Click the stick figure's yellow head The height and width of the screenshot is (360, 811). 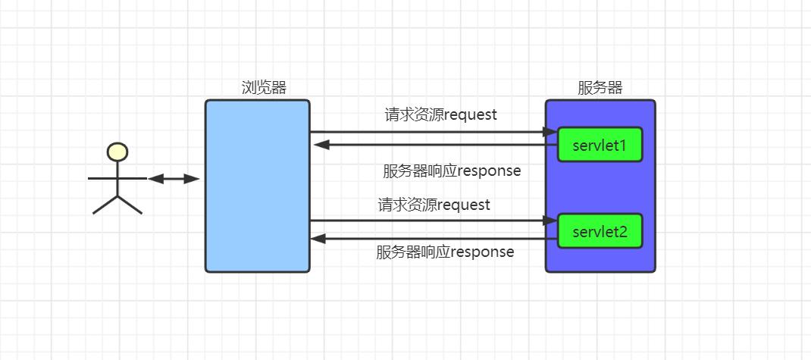point(117,152)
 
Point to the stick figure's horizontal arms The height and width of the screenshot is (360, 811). point(117,179)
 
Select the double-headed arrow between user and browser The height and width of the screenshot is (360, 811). point(174,179)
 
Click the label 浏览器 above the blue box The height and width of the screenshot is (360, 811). point(264,87)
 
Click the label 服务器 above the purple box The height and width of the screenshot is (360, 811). point(600,87)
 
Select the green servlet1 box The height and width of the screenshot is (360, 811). point(600,145)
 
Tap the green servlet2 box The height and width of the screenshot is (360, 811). point(600,231)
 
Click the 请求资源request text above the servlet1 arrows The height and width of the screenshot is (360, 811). point(440,115)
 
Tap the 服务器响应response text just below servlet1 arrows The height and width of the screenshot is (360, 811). point(452,171)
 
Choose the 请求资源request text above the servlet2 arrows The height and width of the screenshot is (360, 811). point(434,205)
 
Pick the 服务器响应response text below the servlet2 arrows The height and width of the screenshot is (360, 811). point(445,252)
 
